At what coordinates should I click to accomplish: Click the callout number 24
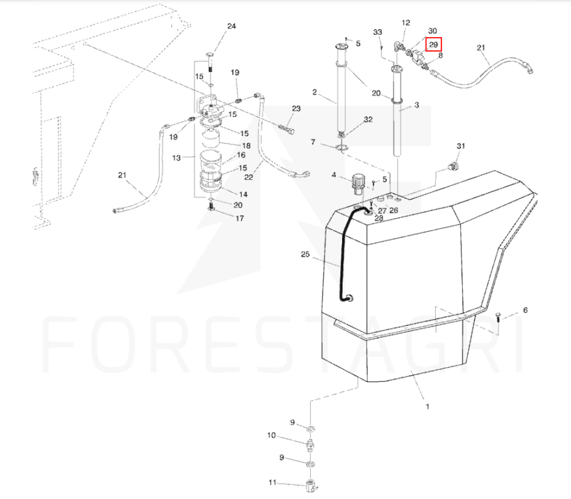pyautogui.click(x=231, y=26)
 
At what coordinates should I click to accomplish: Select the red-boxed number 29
pyautogui.click(x=433, y=45)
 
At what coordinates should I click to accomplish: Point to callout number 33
pyautogui.click(x=378, y=32)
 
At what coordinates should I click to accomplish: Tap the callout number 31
pyautogui.click(x=460, y=147)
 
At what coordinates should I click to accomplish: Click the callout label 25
pyautogui.click(x=306, y=254)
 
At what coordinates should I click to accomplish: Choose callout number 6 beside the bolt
pyautogui.click(x=526, y=310)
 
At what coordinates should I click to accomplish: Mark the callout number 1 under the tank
pyautogui.click(x=428, y=406)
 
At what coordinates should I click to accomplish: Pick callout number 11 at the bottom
pyautogui.click(x=272, y=483)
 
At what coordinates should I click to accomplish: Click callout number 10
pyautogui.click(x=272, y=435)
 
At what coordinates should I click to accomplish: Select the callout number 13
pyautogui.click(x=176, y=157)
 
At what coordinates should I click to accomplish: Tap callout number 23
pyautogui.click(x=296, y=109)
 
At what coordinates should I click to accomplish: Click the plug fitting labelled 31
pyautogui.click(x=451, y=167)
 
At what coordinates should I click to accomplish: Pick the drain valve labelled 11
pyautogui.click(x=311, y=486)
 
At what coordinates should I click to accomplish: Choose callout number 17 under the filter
pyautogui.click(x=240, y=219)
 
